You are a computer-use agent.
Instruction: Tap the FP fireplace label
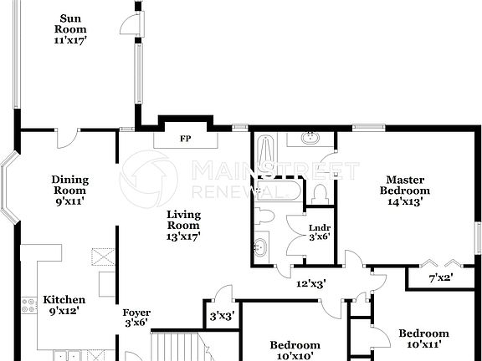click(184, 139)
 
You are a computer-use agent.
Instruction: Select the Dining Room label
click(69, 190)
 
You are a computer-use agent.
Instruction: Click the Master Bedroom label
click(404, 190)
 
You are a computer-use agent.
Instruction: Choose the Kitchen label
click(64, 305)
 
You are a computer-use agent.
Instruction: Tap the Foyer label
click(136, 318)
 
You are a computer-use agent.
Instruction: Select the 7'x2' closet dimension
click(441, 277)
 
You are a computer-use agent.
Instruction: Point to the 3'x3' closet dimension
click(222, 317)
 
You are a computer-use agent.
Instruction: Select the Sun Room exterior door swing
click(130, 26)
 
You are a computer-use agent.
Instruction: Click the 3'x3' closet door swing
click(223, 293)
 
